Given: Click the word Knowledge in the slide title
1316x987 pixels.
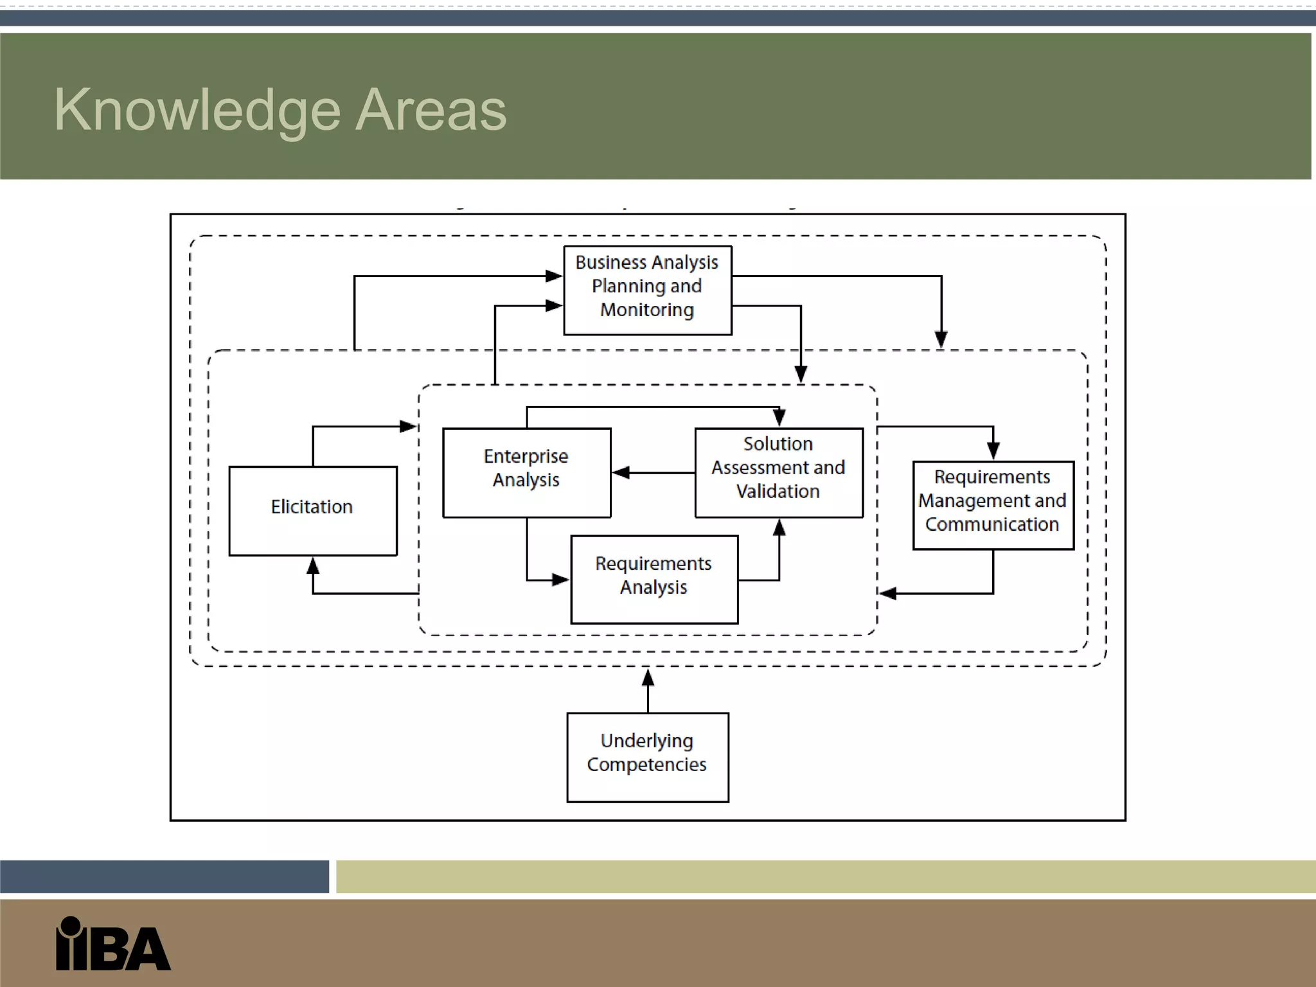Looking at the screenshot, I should click(x=197, y=111).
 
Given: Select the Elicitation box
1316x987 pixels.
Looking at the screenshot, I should click(x=312, y=510).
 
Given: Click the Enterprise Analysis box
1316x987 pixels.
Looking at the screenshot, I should click(x=526, y=472).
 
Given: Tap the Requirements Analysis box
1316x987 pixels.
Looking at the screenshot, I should click(x=654, y=579).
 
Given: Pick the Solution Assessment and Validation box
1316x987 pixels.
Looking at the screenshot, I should click(x=778, y=472).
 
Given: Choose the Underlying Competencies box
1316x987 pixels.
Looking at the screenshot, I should click(x=647, y=757).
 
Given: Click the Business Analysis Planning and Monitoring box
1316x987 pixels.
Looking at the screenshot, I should click(x=647, y=290).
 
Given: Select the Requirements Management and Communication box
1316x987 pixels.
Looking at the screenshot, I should click(x=993, y=505).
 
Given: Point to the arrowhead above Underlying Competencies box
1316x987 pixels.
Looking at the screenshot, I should click(x=648, y=677).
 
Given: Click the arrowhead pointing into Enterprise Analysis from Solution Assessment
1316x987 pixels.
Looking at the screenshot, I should click(x=620, y=473).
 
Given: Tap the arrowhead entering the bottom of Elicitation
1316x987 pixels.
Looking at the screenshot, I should click(x=313, y=565).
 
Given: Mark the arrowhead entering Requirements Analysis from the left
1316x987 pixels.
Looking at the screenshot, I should click(x=561, y=580).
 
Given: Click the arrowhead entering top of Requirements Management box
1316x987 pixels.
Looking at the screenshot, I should click(x=993, y=452).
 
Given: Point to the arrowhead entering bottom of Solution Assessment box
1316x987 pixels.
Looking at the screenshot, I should click(x=779, y=528).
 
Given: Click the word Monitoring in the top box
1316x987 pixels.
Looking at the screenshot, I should click(x=647, y=310).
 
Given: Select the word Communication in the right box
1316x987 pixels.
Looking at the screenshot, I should click(x=991, y=524).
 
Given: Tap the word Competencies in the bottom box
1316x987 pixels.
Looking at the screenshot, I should click(x=646, y=765).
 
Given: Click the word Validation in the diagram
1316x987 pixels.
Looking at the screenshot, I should click(x=778, y=492).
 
